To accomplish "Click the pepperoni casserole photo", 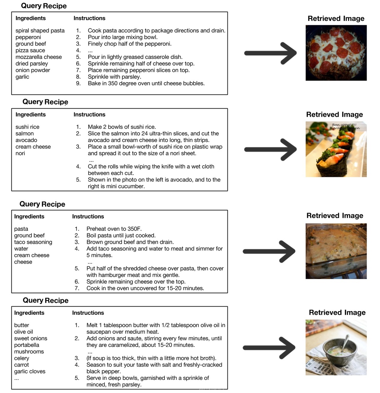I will click(336, 53).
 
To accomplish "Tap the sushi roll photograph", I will click(336, 149).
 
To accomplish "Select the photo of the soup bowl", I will click(336, 347).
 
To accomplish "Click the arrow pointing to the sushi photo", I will click(270, 149).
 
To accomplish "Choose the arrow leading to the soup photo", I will click(269, 347).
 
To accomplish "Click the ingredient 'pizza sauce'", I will click(30, 50).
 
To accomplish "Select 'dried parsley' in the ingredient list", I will click(32, 64).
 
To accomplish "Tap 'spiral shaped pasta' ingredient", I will click(40, 30).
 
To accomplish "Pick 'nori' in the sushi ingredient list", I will click(20, 153).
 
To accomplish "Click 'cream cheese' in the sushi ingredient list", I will click(33, 147).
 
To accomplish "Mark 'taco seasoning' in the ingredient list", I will click(33, 242).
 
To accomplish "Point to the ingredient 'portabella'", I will click(26, 345).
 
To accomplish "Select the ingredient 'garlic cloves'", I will click(30, 371).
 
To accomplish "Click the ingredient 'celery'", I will click(22, 358).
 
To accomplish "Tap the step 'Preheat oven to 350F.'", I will click(114, 229).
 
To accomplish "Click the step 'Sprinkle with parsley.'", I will click(114, 77).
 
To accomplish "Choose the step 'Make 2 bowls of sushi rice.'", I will click(122, 127).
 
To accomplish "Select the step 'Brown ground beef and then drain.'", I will click(130, 242).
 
